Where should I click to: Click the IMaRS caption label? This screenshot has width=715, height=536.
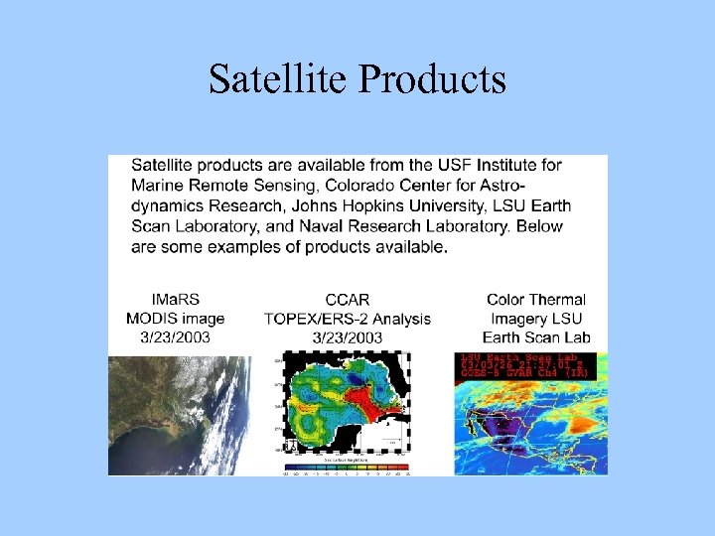(175, 299)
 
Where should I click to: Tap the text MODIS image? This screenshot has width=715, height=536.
(175, 319)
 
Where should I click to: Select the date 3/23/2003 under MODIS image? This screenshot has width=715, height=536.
(175, 337)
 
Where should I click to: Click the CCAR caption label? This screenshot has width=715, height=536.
(348, 299)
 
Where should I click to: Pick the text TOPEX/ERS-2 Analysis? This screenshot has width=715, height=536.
(348, 319)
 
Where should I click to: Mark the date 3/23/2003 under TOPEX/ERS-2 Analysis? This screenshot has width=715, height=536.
(348, 337)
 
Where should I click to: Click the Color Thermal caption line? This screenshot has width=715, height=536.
(536, 299)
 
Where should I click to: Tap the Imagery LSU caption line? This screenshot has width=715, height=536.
(536, 319)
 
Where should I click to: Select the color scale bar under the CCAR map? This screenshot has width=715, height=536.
(347, 467)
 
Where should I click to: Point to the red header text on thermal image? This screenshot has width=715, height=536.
(524, 365)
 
